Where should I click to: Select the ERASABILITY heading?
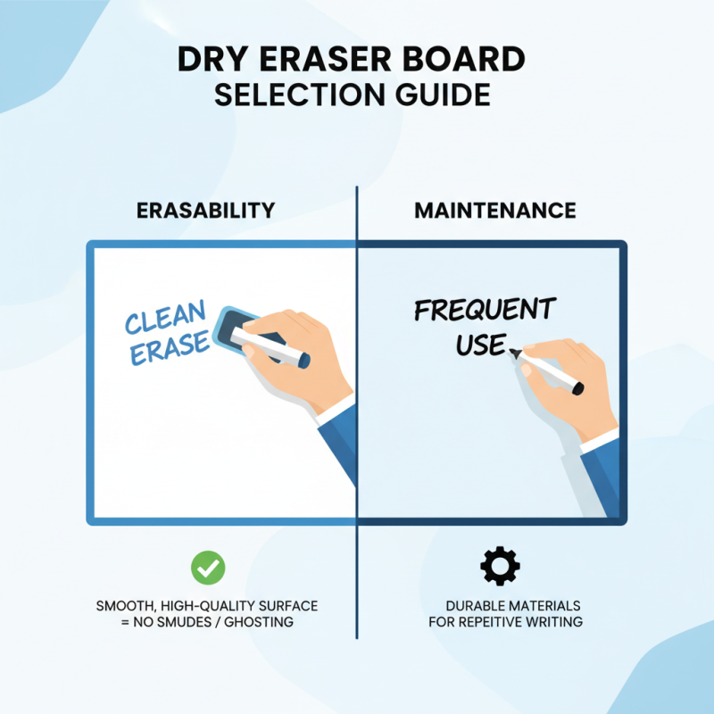tap(205, 211)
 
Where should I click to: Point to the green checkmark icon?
tap(208, 567)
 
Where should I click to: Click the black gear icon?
tap(500, 566)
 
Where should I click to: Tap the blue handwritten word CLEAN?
tap(166, 320)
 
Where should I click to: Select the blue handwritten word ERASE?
tap(170, 347)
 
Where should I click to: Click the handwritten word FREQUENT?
tap(485, 311)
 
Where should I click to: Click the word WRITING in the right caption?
tap(557, 621)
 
